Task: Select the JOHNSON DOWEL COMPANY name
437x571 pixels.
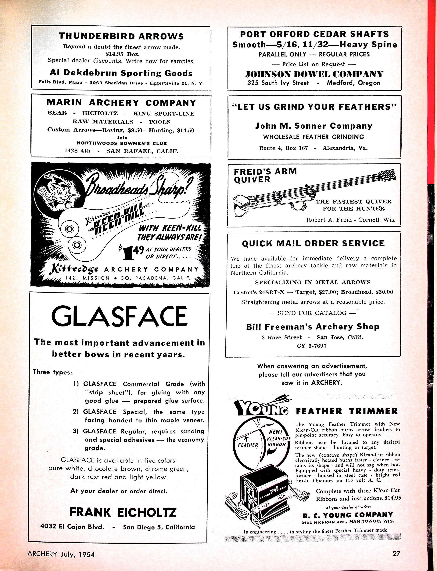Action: coord(314,74)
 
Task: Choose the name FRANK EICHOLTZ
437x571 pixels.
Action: coord(123,512)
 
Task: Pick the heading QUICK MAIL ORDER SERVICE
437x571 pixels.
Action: coord(313,243)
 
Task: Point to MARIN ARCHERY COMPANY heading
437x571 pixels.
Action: coord(121,103)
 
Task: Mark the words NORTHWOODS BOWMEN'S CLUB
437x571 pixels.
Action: coord(122,143)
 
